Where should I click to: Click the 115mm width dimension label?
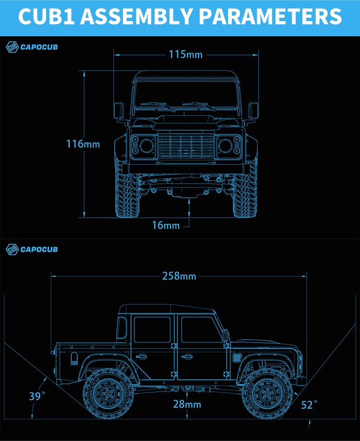(x=186, y=54)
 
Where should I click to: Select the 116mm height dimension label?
(x=83, y=144)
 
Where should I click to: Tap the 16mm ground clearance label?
(x=166, y=225)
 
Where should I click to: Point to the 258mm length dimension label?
(x=179, y=276)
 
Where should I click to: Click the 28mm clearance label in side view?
(x=187, y=404)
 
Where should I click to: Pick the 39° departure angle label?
(x=37, y=396)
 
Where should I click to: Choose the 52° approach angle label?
(x=309, y=405)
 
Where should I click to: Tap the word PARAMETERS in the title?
(x=270, y=16)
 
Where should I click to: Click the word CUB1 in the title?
(x=47, y=16)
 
